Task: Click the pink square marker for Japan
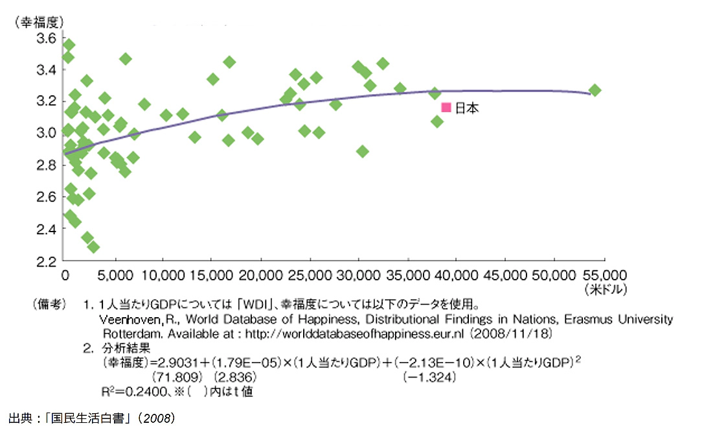[446, 108]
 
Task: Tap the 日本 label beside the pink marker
[467, 108]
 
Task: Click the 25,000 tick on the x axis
[309, 275]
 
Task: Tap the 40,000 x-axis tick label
[455, 275]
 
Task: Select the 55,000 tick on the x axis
[602, 275]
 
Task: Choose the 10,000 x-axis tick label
[162, 275]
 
